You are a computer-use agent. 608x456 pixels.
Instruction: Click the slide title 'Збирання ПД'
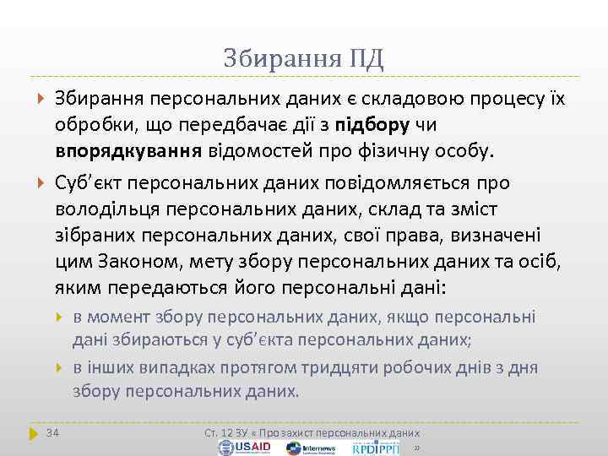(x=304, y=58)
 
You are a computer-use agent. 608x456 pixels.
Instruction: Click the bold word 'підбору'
(x=372, y=125)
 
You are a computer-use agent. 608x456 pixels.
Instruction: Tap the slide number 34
(x=53, y=433)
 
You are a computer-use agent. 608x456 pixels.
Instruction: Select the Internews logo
(x=318, y=448)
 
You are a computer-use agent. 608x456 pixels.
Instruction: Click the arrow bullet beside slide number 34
(x=34, y=433)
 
